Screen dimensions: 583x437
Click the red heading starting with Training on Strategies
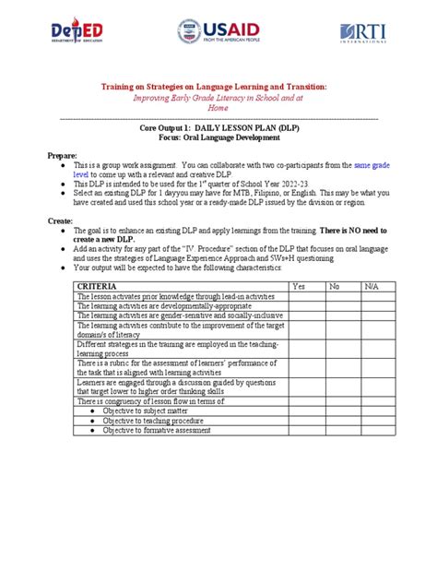[218, 86]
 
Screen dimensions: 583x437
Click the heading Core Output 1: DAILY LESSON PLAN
[218, 131]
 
